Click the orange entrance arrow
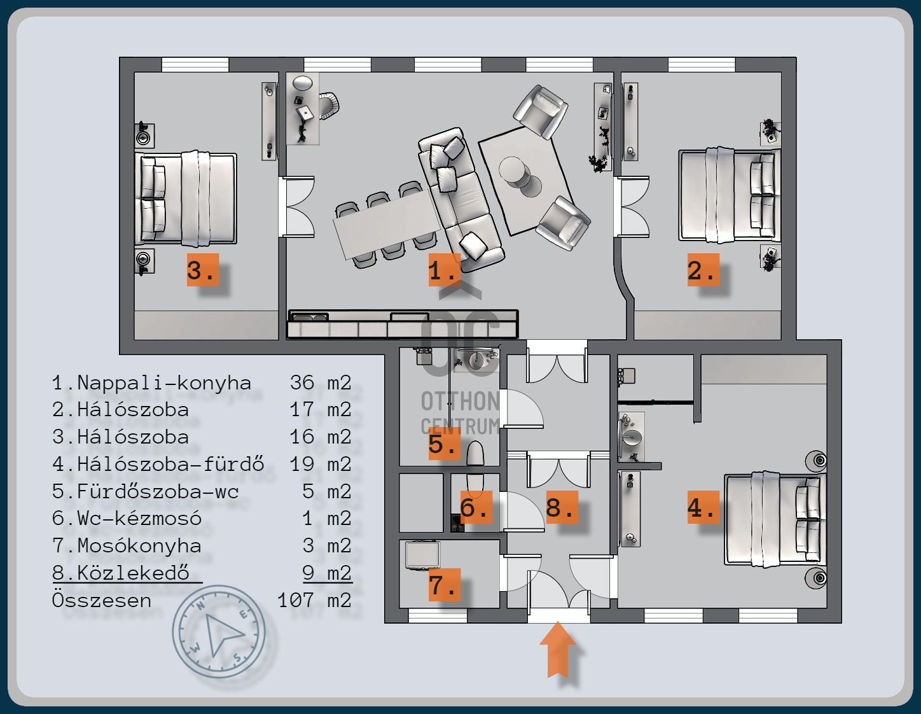pyautogui.click(x=557, y=650)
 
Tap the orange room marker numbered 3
pyautogui.click(x=203, y=270)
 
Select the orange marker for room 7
pyautogui.click(x=444, y=585)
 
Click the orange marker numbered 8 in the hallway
pyautogui.click(x=562, y=507)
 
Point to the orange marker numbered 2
pyautogui.click(x=703, y=270)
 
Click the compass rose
pyautogui.click(x=219, y=631)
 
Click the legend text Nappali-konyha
pyautogui.click(x=164, y=383)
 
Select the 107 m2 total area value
pyautogui.click(x=314, y=600)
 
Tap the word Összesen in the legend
pyautogui.click(x=101, y=600)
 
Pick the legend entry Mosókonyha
pyautogui.click(x=139, y=545)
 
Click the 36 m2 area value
pyautogui.click(x=321, y=382)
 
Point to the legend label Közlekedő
pyautogui.click(x=133, y=573)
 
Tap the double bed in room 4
pyautogui.click(x=775, y=520)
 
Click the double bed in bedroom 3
pyautogui.click(x=186, y=198)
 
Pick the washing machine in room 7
pyautogui.click(x=422, y=554)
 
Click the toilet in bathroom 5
pyautogui.click(x=475, y=453)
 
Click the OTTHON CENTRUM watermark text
pyautogui.click(x=460, y=414)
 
